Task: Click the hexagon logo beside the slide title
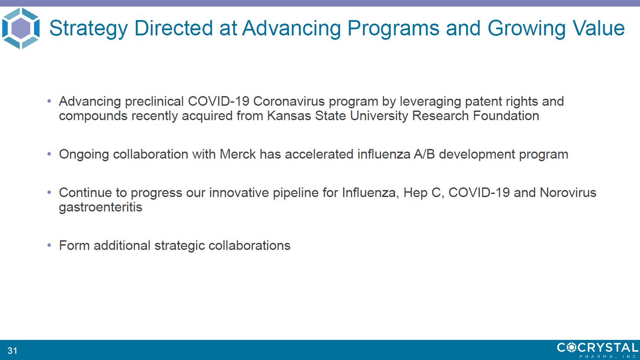(x=21, y=28)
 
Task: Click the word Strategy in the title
(x=88, y=28)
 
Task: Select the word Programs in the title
(x=393, y=28)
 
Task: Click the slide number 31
(x=12, y=350)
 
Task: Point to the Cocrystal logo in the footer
(x=598, y=350)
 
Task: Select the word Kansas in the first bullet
(x=289, y=116)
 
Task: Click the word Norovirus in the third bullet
(x=568, y=192)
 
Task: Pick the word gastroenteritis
(x=100, y=208)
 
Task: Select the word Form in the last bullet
(x=74, y=246)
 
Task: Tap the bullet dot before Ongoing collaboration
(x=49, y=154)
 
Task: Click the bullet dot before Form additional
(x=49, y=246)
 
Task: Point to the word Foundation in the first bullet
(x=506, y=116)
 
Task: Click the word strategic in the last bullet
(x=180, y=246)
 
